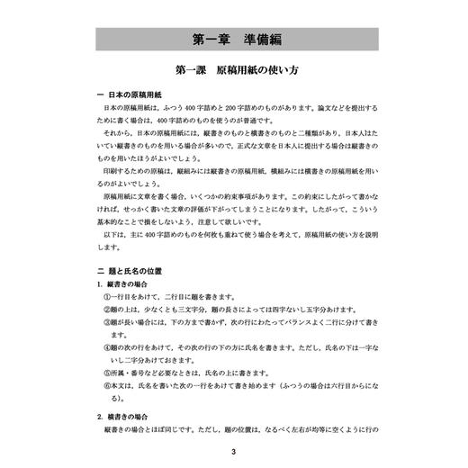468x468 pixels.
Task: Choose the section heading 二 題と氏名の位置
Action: (131, 270)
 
